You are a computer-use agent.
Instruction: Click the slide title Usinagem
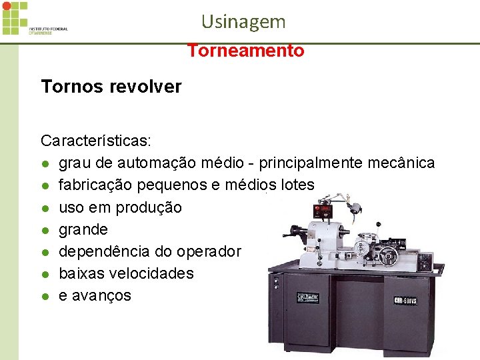pyautogui.click(x=243, y=21)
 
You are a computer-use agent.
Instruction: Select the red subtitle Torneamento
pyautogui.click(x=245, y=51)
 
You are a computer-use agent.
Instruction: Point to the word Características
pyautogui.click(x=95, y=141)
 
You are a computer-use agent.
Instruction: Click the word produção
pyautogui.click(x=148, y=207)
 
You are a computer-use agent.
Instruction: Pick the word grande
pyautogui.click(x=83, y=229)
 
